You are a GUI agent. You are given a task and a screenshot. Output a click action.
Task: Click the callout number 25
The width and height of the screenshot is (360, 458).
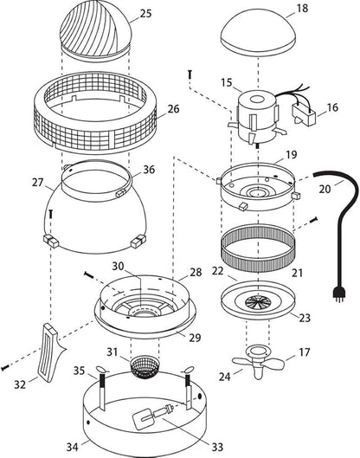[x=145, y=14]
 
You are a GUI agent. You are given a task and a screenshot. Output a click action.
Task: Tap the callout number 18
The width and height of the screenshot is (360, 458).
[x=302, y=8]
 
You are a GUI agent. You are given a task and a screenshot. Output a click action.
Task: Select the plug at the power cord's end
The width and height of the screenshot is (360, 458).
[x=338, y=295]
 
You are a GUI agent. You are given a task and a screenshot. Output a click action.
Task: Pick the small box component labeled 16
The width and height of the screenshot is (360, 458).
[x=304, y=116]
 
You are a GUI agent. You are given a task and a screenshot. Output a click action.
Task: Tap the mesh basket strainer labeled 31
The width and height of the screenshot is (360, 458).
[x=144, y=367]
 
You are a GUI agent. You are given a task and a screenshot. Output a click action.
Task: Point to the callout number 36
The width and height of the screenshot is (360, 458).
[x=149, y=170]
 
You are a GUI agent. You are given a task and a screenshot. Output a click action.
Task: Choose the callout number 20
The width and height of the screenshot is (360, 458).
[x=325, y=189]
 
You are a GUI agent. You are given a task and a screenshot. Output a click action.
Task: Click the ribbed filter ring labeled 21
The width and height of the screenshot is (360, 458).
[x=258, y=248]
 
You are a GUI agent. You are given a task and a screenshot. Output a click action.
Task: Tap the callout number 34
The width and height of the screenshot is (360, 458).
[x=73, y=447]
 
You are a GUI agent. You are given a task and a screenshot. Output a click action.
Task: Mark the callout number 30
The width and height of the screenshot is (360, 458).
[x=119, y=266]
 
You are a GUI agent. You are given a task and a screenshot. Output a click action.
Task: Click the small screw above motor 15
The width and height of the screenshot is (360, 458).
[x=190, y=74]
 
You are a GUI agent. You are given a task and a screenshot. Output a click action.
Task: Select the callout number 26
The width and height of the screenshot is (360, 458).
[x=173, y=109]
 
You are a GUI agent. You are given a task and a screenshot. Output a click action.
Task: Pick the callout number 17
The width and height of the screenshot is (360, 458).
[x=305, y=352]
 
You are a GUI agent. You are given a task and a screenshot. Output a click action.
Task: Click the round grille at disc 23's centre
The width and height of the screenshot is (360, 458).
[x=258, y=302]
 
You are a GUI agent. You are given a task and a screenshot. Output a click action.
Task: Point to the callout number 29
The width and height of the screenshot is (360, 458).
[x=195, y=338]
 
